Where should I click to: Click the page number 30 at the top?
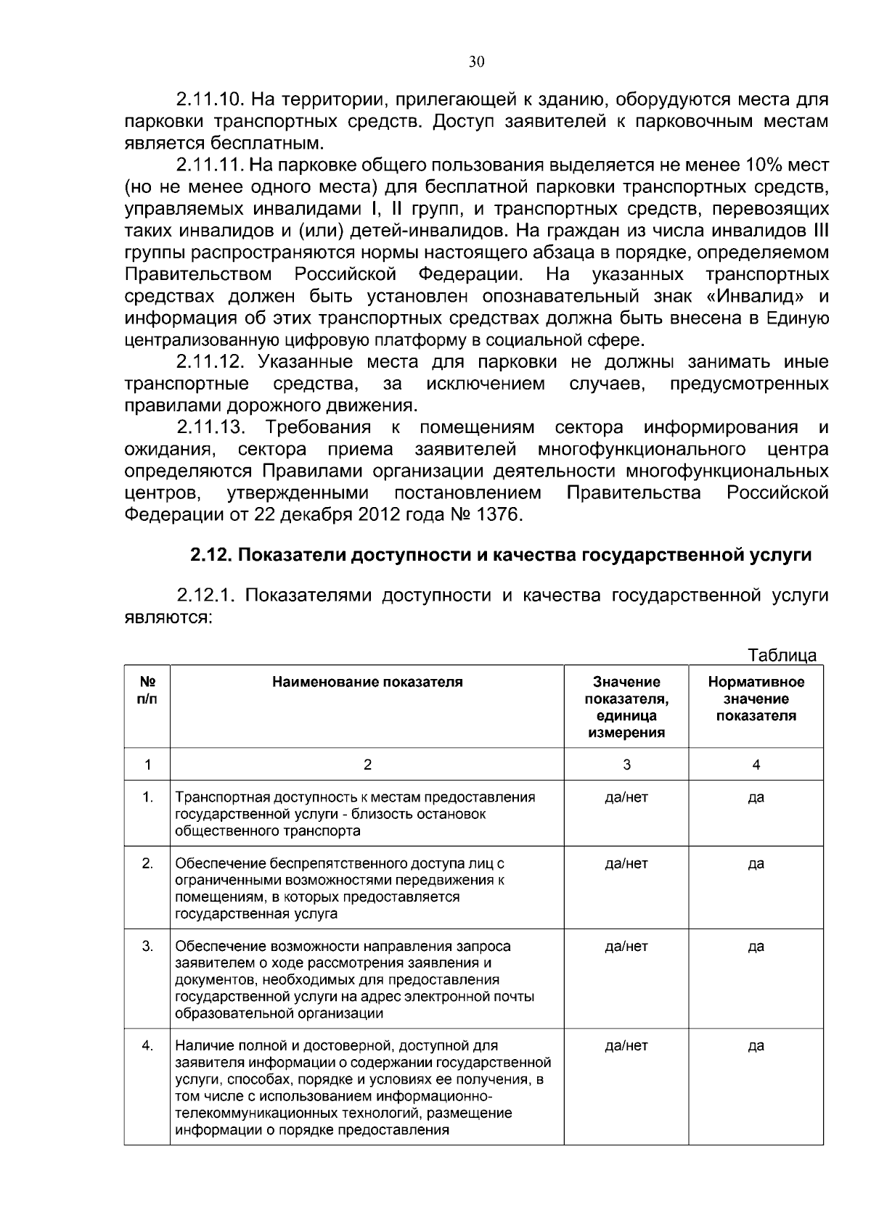[x=475, y=62]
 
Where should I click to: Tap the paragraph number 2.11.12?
[x=210, y=361]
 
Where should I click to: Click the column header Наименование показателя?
[x=367, y=682]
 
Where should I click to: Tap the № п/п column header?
[x=147, y=690]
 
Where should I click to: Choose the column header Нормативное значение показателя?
[x=756, y=699]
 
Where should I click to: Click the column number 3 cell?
[x=626, y=765]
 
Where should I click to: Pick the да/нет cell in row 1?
[x=626, y=797]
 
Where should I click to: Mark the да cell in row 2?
[x=756, y=863]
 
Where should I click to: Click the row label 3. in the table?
[x=147, y=946]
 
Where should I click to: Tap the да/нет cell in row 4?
[x=626, y=1045]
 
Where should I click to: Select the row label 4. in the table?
[x=147, y=1045]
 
